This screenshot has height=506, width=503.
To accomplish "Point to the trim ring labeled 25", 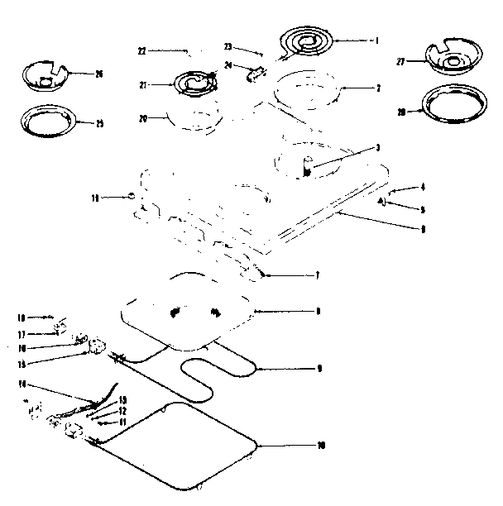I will [x=49, y=121].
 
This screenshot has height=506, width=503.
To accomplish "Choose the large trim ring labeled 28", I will [x=453, y=105].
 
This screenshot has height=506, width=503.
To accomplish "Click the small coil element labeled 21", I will [x=193, y=83].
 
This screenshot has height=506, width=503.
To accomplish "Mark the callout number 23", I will [x=229, y=47].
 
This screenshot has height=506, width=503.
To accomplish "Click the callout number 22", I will [x=141, y=51].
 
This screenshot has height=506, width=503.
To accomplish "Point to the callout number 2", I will [x=377, y=88].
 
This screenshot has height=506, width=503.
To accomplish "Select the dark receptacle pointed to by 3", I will [x=306, y=171].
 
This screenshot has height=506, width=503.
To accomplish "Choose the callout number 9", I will [x=319, y=368].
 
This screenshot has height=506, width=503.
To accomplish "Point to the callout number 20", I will [x=142, y=118].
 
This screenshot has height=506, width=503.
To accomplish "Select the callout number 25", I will [x=98, y=124].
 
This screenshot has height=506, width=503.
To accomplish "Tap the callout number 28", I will [x=400, y=111].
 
